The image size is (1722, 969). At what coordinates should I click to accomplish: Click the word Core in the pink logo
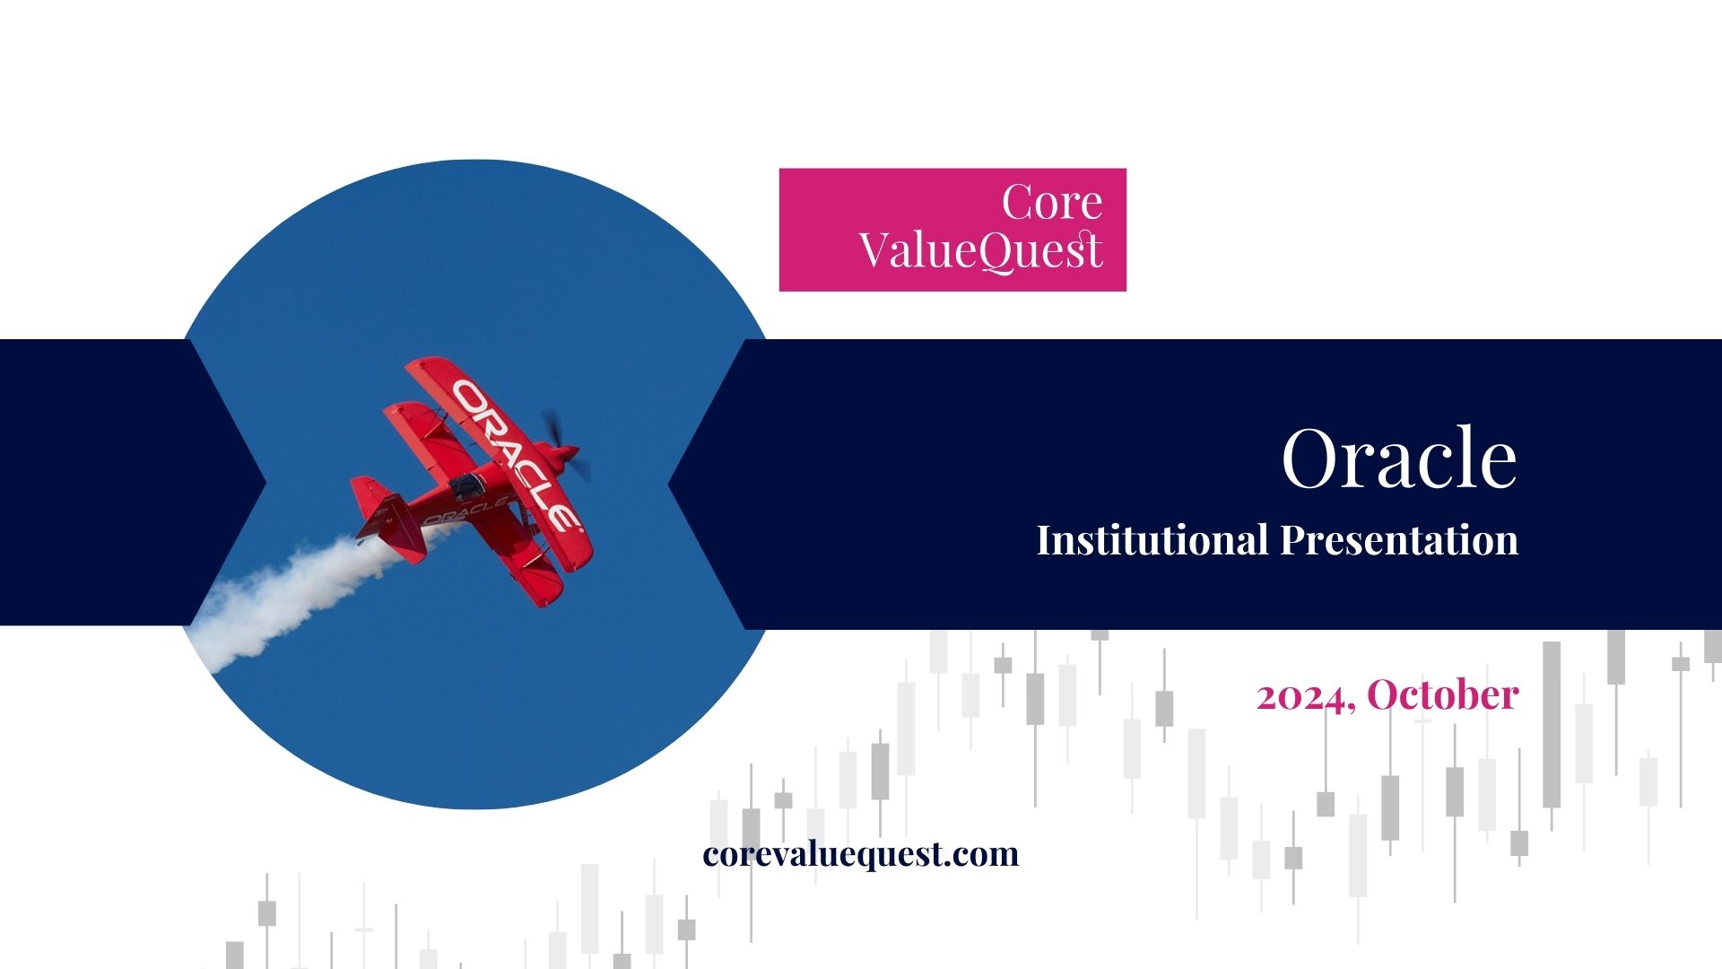1052,202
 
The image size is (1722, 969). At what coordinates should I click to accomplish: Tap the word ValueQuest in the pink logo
980,250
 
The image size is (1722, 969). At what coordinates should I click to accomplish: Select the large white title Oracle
1399,458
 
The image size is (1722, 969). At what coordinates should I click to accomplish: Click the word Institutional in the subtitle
1152,540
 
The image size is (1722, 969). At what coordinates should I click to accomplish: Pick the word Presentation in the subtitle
1399,541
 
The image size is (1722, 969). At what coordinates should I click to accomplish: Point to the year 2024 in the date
1302,696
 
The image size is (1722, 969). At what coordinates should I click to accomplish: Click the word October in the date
1443,694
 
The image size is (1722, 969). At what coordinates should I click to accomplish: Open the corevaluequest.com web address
861,853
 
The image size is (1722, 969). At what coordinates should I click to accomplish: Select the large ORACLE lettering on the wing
516,454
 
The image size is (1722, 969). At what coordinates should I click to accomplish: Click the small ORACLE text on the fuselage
465,511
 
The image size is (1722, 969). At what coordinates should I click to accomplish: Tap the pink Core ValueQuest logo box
952,230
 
